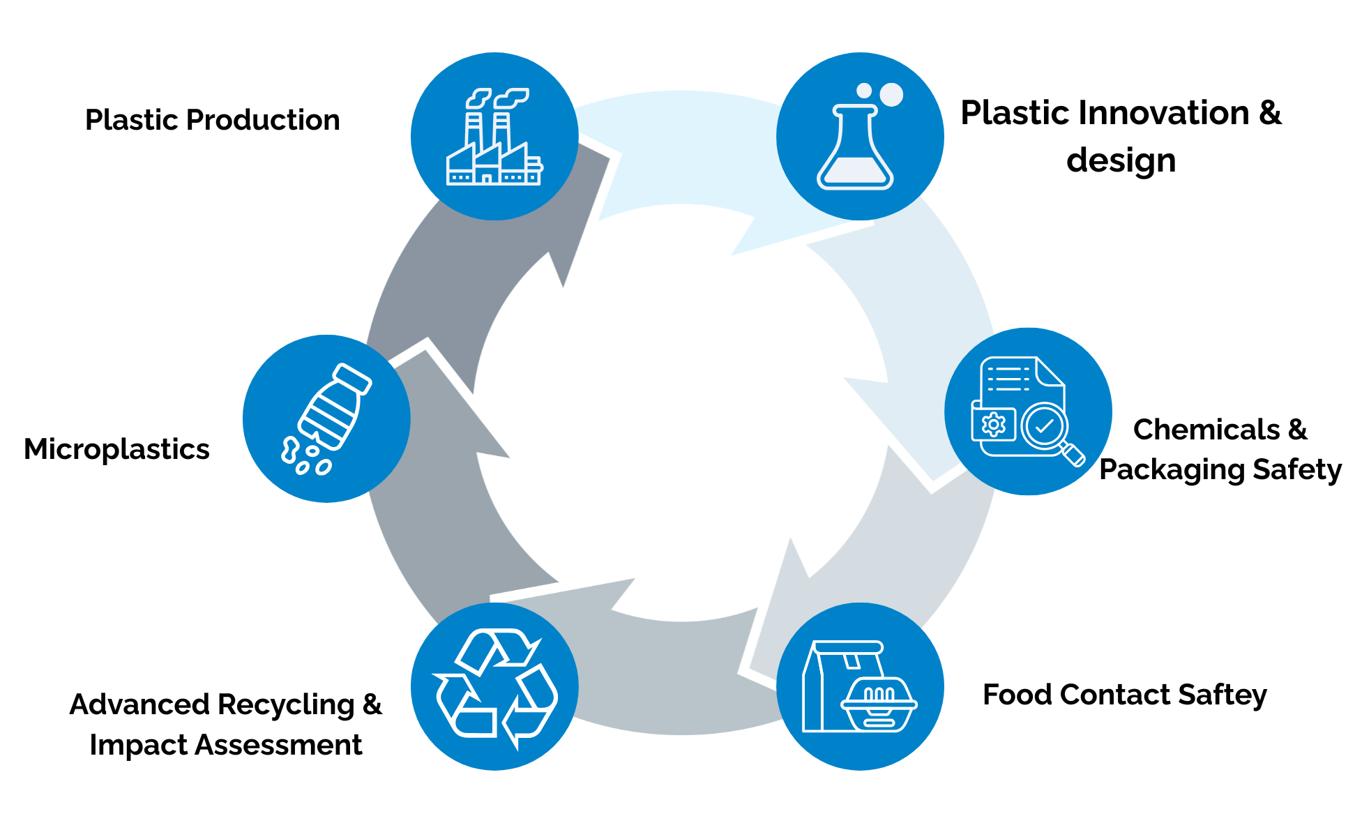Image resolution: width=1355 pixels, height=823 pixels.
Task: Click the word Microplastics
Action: (116, 449)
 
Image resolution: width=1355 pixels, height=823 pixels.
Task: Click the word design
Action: (1121, 160)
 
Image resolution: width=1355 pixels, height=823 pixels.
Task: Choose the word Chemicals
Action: (1206, 430)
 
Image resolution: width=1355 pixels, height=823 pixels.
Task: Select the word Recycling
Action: (289, 704)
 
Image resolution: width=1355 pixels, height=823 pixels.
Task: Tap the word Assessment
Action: (278, 745)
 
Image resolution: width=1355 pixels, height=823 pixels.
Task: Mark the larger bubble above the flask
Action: (891, 94)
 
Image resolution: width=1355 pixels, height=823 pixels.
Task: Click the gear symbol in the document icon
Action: (993, 424)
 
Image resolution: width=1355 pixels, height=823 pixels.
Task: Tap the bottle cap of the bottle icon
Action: (352, 377)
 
